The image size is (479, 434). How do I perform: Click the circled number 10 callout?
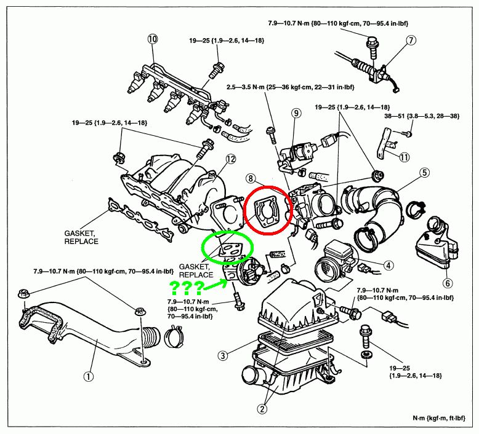pos(153,39)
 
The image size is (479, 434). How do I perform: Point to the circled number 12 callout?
pos(230,159)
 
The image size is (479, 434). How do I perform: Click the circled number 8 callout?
pos(251,179)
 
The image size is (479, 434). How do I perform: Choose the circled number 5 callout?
pos(425,173)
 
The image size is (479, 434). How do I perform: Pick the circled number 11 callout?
pos(404,157)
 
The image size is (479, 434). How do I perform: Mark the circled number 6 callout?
pos(448,283)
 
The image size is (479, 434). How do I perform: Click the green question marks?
pos(188,287)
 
